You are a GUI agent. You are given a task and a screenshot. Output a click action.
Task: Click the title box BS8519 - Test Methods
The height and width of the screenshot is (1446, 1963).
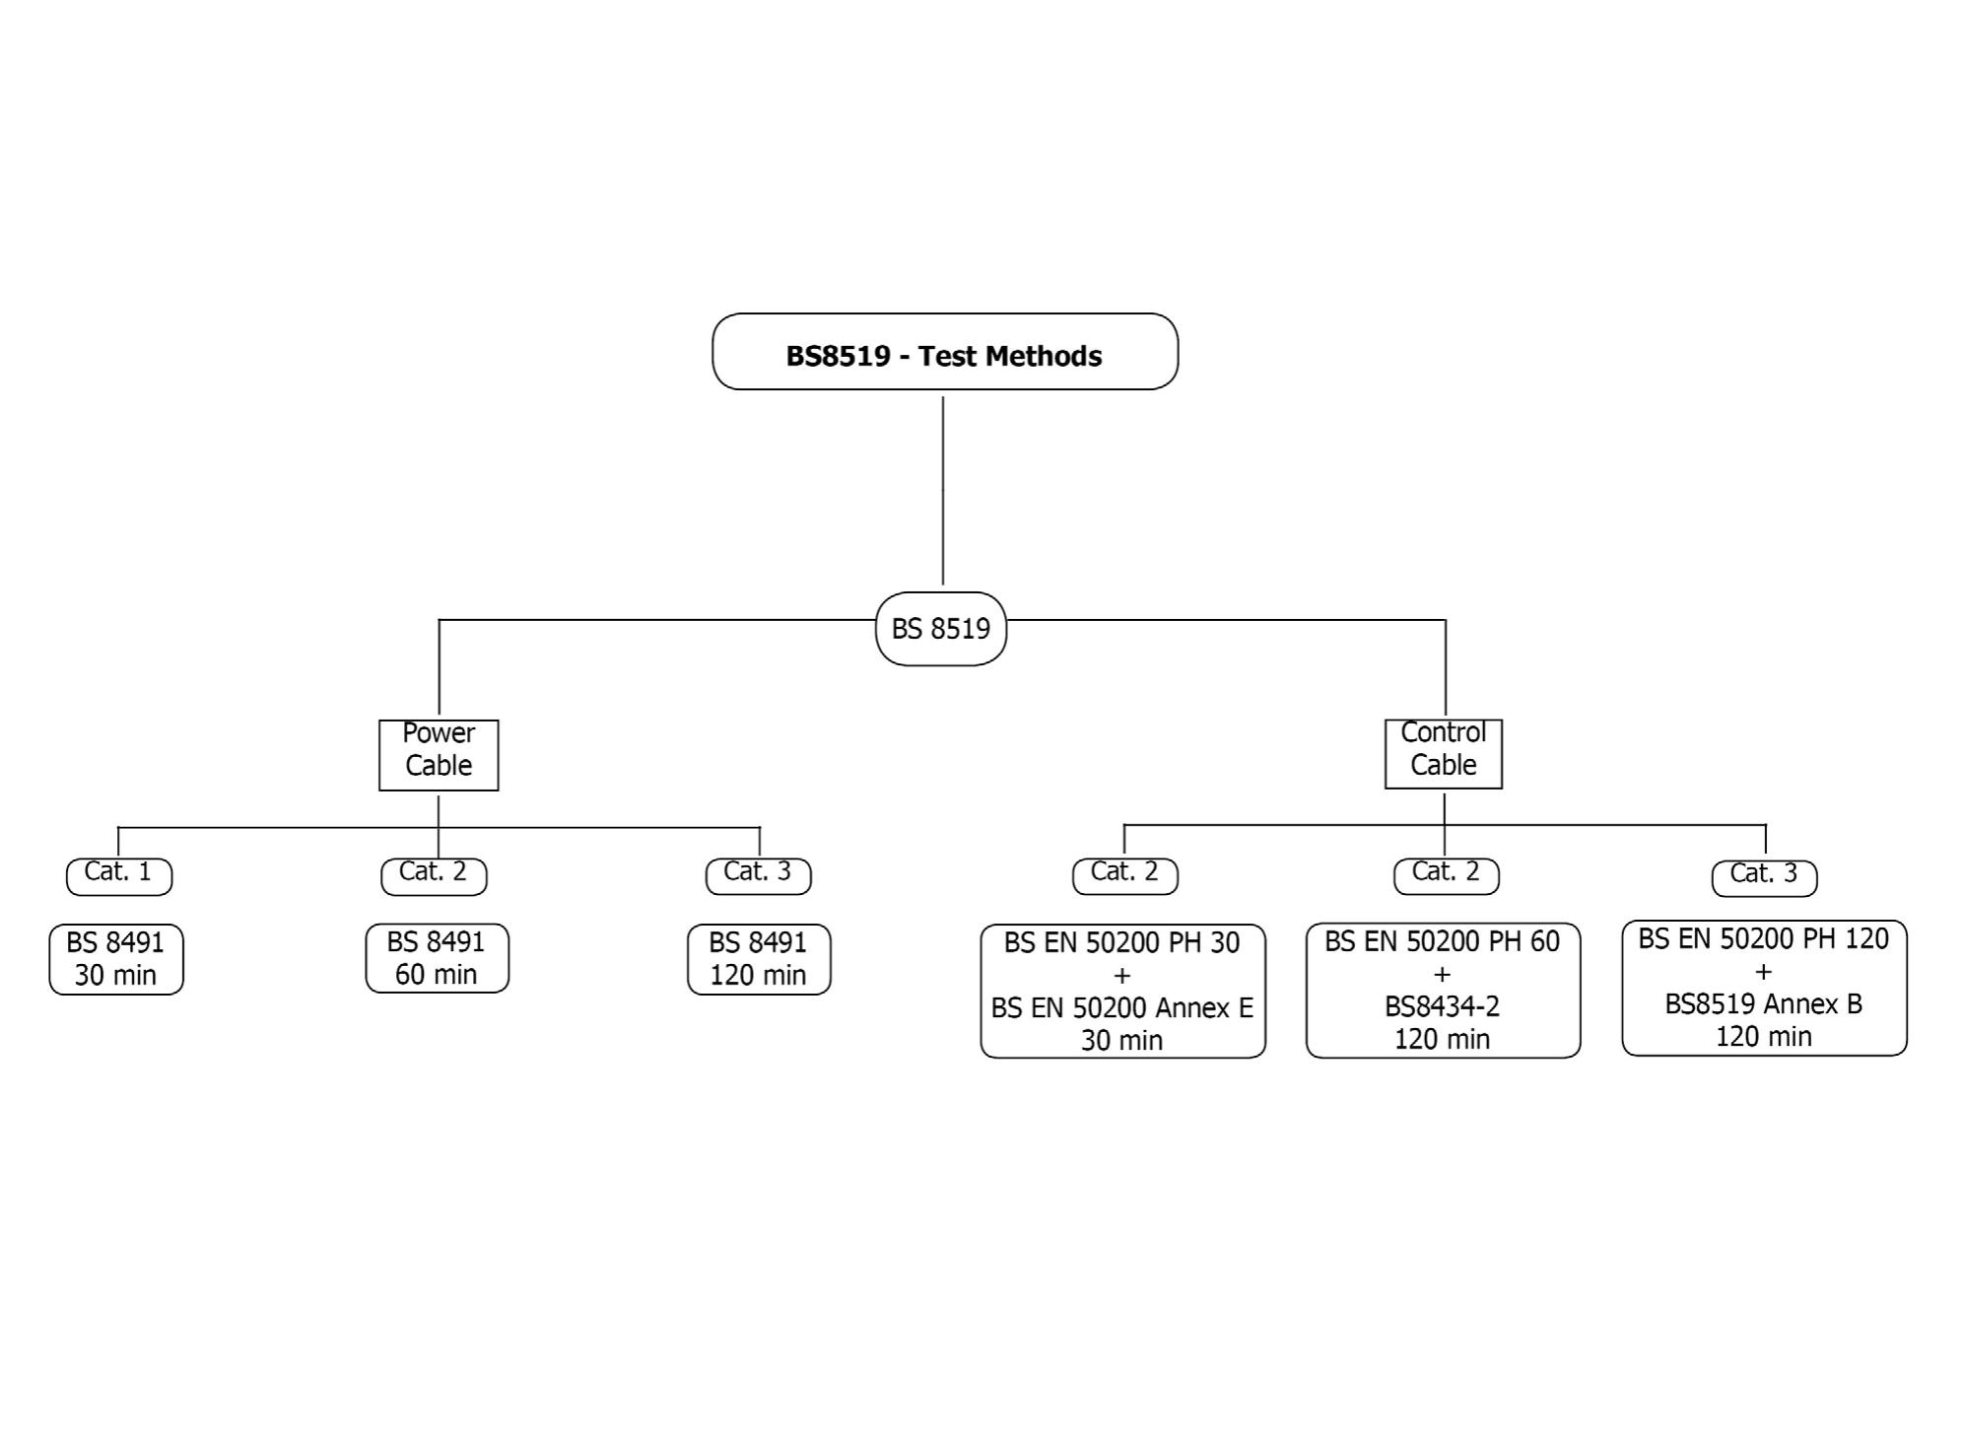(944, 352)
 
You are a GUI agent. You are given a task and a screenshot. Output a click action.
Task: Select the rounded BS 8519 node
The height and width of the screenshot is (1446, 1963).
(940, 629)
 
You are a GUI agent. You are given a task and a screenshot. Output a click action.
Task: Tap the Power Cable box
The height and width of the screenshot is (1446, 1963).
(439, 755)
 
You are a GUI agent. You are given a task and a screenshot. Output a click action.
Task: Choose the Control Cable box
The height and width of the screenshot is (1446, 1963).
(1443, 754)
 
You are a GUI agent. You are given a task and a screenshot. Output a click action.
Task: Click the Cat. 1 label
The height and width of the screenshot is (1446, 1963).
(118, 874)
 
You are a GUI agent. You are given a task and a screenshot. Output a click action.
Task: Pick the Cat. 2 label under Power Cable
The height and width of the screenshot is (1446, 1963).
(434, 874)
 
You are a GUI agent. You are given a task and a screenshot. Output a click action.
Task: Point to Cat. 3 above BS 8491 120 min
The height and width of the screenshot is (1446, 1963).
(758, 874)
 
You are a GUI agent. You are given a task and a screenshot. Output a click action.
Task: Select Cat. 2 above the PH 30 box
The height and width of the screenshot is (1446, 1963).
(1124, 874)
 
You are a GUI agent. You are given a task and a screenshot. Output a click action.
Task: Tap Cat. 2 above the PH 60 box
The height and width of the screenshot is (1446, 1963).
(1446, 874)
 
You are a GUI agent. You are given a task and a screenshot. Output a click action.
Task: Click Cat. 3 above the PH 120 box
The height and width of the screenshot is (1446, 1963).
(1764, 876)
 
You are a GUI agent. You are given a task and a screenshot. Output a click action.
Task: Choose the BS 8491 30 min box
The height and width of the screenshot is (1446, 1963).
(116, 959)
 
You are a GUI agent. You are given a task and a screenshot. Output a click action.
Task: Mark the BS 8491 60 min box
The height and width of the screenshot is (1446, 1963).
(437, 958)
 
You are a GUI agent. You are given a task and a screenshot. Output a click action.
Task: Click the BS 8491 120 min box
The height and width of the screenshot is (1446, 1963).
(759, 959)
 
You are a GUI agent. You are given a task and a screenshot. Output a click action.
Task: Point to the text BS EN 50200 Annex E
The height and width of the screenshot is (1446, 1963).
(1121, 1008)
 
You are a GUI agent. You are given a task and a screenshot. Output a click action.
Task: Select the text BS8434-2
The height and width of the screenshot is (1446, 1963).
(1442, 1006)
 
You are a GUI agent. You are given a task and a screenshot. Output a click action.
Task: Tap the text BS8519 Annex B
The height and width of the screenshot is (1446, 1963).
(1763, 1004)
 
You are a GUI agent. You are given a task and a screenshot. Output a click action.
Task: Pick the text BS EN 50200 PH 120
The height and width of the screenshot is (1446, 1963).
(1763, 939)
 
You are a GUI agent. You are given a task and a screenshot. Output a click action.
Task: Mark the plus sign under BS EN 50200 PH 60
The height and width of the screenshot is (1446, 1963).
(1442, 975)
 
